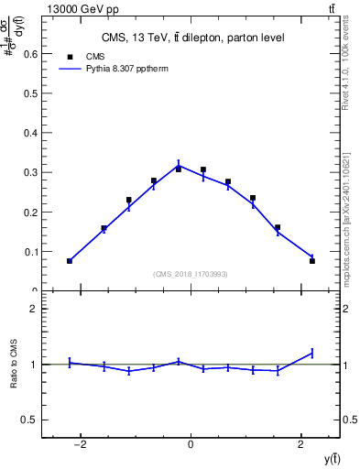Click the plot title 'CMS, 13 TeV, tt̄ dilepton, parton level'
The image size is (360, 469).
point(192,38)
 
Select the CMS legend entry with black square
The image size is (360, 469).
point(82,55)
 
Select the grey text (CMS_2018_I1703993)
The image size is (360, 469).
point(191,274)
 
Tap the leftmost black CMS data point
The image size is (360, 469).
point(70,261)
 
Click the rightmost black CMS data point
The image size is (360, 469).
point(312,261)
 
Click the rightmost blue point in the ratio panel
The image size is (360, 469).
point(312,353)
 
